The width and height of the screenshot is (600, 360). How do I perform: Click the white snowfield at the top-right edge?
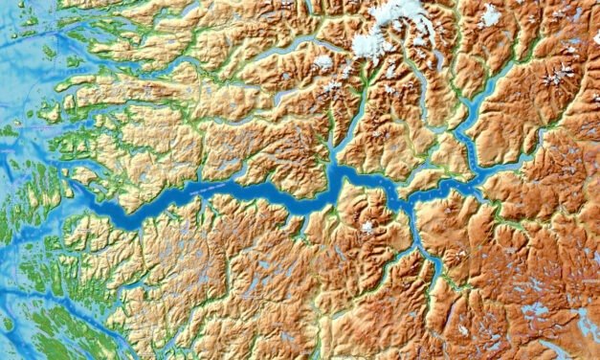pos(491,14)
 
